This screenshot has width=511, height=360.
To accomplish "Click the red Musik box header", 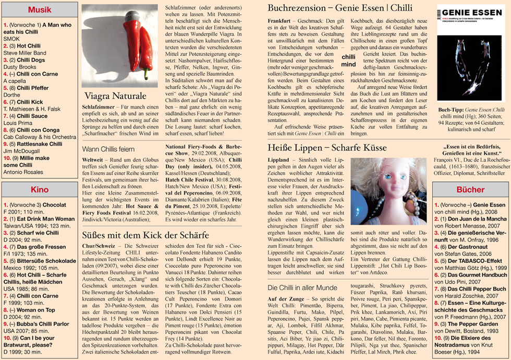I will [40, 10].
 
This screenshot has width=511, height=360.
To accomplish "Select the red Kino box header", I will [40, 190].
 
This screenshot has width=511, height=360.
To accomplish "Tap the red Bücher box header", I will [470, 190].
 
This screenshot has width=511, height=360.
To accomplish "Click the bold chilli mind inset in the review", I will [349, 61].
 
